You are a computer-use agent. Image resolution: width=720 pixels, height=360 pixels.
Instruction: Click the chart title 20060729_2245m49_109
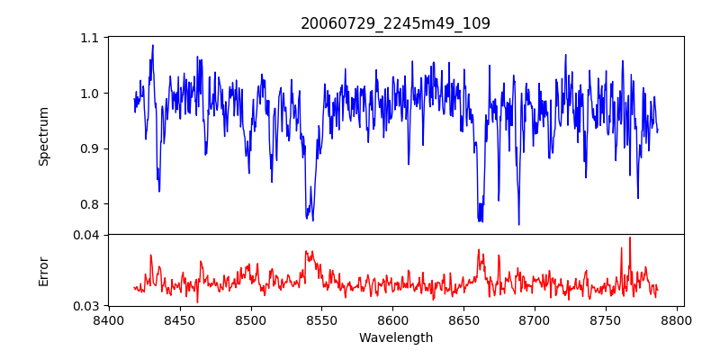point(395,23)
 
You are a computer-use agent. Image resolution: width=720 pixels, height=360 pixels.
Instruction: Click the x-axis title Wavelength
point(395,338)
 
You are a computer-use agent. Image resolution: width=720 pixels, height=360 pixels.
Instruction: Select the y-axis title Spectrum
point(44,136)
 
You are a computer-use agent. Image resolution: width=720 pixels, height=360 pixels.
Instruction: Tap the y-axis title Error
point(44,271)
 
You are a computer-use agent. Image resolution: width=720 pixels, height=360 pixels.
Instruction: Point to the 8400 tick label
point(109,319)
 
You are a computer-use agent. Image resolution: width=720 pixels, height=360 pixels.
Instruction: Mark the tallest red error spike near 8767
point(630,238)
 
